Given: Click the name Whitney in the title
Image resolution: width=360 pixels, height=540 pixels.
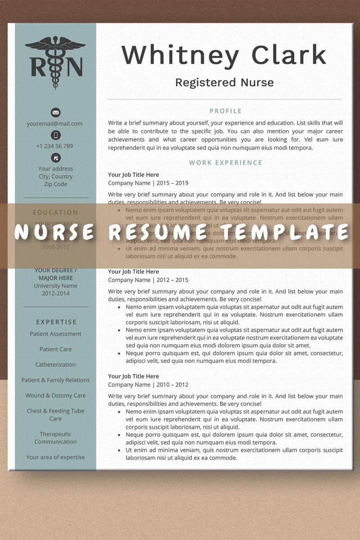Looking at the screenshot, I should click(x=180, y=56).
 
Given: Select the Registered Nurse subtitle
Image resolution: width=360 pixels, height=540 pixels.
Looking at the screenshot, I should click(x=224, y=83).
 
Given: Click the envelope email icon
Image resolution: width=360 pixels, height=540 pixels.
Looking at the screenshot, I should click(x=56, y=112).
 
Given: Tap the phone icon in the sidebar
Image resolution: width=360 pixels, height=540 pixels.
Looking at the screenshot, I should click(x=56, y=135).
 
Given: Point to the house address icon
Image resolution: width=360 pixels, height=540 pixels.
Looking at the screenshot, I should click(x=56, y=158).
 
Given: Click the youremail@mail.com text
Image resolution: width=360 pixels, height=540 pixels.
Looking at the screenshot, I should click(x=54, y=124).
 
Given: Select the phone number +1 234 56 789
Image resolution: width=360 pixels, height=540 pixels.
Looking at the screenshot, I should click(x=54, y=146).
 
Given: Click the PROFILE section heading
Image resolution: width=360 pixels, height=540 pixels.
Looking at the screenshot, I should click(x=225, y=111).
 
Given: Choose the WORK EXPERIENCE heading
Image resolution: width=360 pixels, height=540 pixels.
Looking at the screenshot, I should click(x=225, y=163).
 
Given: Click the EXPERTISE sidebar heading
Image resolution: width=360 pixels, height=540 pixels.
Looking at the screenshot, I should click(x=56, y=322).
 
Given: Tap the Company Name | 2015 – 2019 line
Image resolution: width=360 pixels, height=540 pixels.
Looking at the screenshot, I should click(x=148, y=183).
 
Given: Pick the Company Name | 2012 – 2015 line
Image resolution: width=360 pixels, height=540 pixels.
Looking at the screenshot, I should click(x=148, y=280).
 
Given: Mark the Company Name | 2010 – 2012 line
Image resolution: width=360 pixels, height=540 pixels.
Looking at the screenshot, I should click(x=148, y=385).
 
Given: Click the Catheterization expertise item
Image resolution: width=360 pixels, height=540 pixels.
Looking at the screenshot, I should click(x=55, y=364).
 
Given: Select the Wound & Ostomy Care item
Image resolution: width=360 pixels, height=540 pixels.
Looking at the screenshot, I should click(x=55, y=396).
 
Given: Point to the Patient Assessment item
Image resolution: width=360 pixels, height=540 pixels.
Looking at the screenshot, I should click(x=55, y=334).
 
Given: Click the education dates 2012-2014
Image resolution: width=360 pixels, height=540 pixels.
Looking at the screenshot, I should click(x=55, y=293).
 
